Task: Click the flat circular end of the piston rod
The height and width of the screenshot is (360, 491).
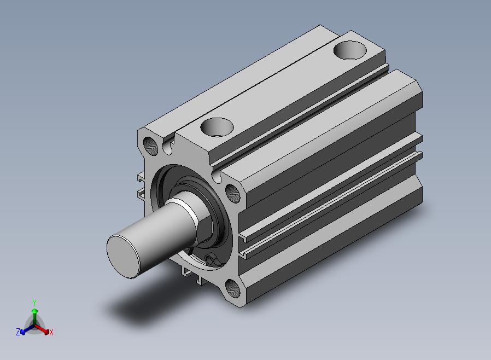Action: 123,256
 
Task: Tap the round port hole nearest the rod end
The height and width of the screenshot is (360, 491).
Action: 217,127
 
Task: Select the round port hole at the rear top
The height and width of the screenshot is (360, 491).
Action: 350,50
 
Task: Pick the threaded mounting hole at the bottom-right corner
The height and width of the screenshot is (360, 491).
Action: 233,288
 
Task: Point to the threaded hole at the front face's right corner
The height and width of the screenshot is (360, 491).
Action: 233,193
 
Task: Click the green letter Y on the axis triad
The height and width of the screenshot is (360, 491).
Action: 34,303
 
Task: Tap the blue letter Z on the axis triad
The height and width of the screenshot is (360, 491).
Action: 18,332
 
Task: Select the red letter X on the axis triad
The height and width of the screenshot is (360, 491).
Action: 51,332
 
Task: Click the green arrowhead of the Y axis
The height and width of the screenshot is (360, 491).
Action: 35,311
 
